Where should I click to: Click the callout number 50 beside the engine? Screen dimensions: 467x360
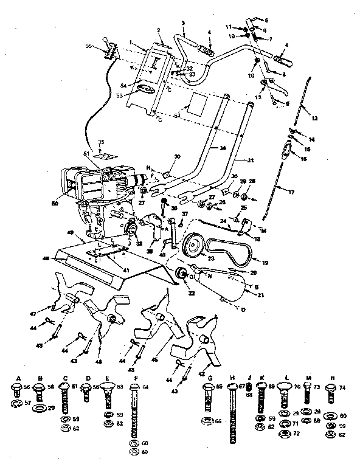[55, 202]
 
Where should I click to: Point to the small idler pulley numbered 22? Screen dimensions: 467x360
[181, 275]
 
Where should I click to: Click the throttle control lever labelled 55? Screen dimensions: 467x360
[109, 49]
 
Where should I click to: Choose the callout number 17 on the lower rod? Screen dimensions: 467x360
[291, 192]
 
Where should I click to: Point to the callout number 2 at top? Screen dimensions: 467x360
[158, 30]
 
